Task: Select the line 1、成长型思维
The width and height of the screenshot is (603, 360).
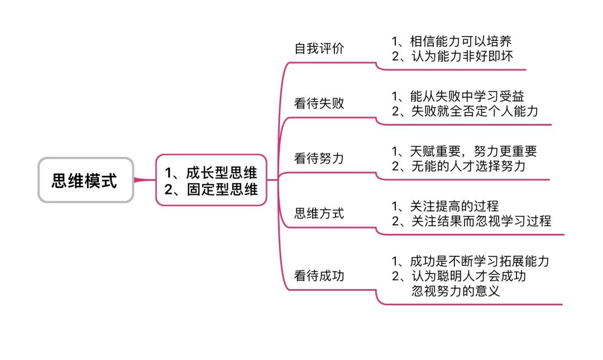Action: coord(210,172)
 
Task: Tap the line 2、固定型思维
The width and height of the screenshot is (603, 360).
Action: coord(210,189)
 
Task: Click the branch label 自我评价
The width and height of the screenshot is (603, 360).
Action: coord(319,49)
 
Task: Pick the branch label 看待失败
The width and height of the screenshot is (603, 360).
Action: coord(319,103)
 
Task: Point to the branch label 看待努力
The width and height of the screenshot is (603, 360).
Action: coord(319,158)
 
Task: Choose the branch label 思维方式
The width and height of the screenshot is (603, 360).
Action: coord(319,213)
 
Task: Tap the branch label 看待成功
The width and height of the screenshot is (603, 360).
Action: coord(319,275)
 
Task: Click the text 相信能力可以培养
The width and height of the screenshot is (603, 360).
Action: coord(461,41)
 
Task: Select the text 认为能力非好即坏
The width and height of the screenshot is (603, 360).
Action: coord(462,56)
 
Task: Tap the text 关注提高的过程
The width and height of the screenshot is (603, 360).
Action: coord(454,206)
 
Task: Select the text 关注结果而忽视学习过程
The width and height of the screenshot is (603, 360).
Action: coord(481,221)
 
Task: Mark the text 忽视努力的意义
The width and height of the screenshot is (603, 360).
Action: coord(456,291)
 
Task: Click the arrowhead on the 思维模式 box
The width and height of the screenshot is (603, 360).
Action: coord(138,180)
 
